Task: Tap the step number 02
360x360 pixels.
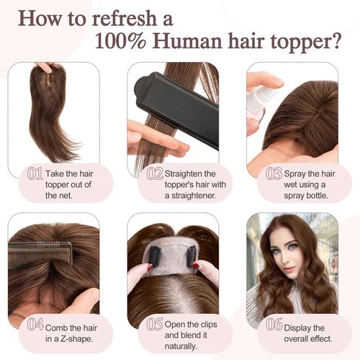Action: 154,174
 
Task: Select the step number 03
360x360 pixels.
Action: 273,174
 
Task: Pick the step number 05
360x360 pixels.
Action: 154,324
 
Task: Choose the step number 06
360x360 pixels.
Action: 273,324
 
